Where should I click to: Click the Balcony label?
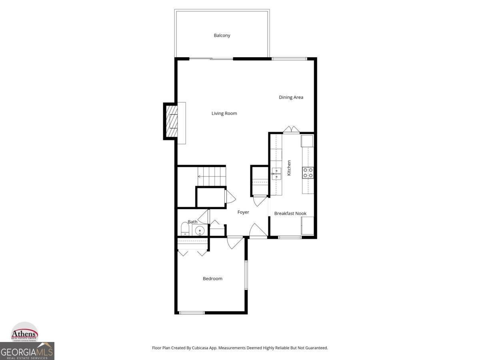222,36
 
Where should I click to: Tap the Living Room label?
224,114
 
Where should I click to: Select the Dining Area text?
291,97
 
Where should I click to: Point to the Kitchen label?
289,168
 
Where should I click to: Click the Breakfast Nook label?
290,214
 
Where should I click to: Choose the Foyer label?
243,212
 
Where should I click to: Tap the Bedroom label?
212,279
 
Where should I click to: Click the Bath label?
192,222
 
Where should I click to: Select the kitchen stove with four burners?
308,172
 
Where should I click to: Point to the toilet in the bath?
184,230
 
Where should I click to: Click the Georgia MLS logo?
27,352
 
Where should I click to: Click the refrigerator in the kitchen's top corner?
307,141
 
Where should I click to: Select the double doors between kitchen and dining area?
291,129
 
